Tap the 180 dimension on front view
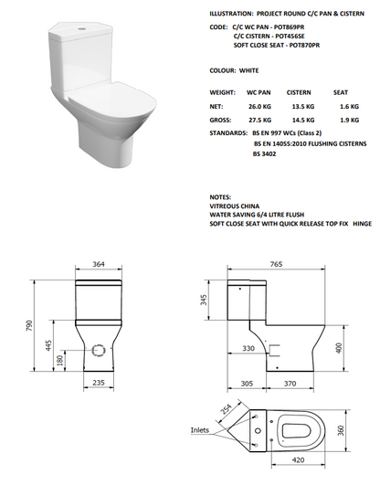[x=60, y=360]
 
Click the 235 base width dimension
[x=96, y=385]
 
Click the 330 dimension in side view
[x=248, y=348]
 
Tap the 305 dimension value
[x=247, y=385]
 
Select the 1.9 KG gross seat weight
[x=349, y=119]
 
